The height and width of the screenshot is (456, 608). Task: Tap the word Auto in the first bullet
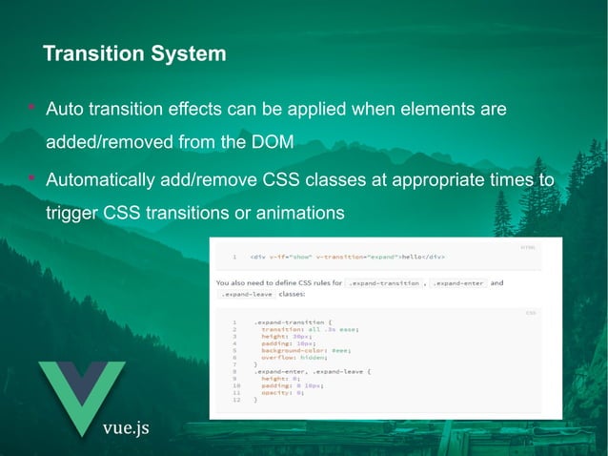click(x=66, y=110)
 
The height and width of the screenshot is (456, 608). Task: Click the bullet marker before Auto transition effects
click(x=31, y=110)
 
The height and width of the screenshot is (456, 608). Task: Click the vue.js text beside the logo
click(x=126, y=426)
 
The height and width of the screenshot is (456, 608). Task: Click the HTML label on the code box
click(x=527, y=247)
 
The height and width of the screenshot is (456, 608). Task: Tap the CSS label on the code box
click(x=530, y=312)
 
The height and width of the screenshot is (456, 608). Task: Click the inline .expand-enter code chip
click(x=458, y=283)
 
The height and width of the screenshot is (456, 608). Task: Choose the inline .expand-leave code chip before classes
click(x=246, y=295)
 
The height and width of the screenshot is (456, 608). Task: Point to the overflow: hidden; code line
click(x=296, y=357)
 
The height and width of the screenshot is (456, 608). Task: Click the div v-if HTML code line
click(x=348, y=257)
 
